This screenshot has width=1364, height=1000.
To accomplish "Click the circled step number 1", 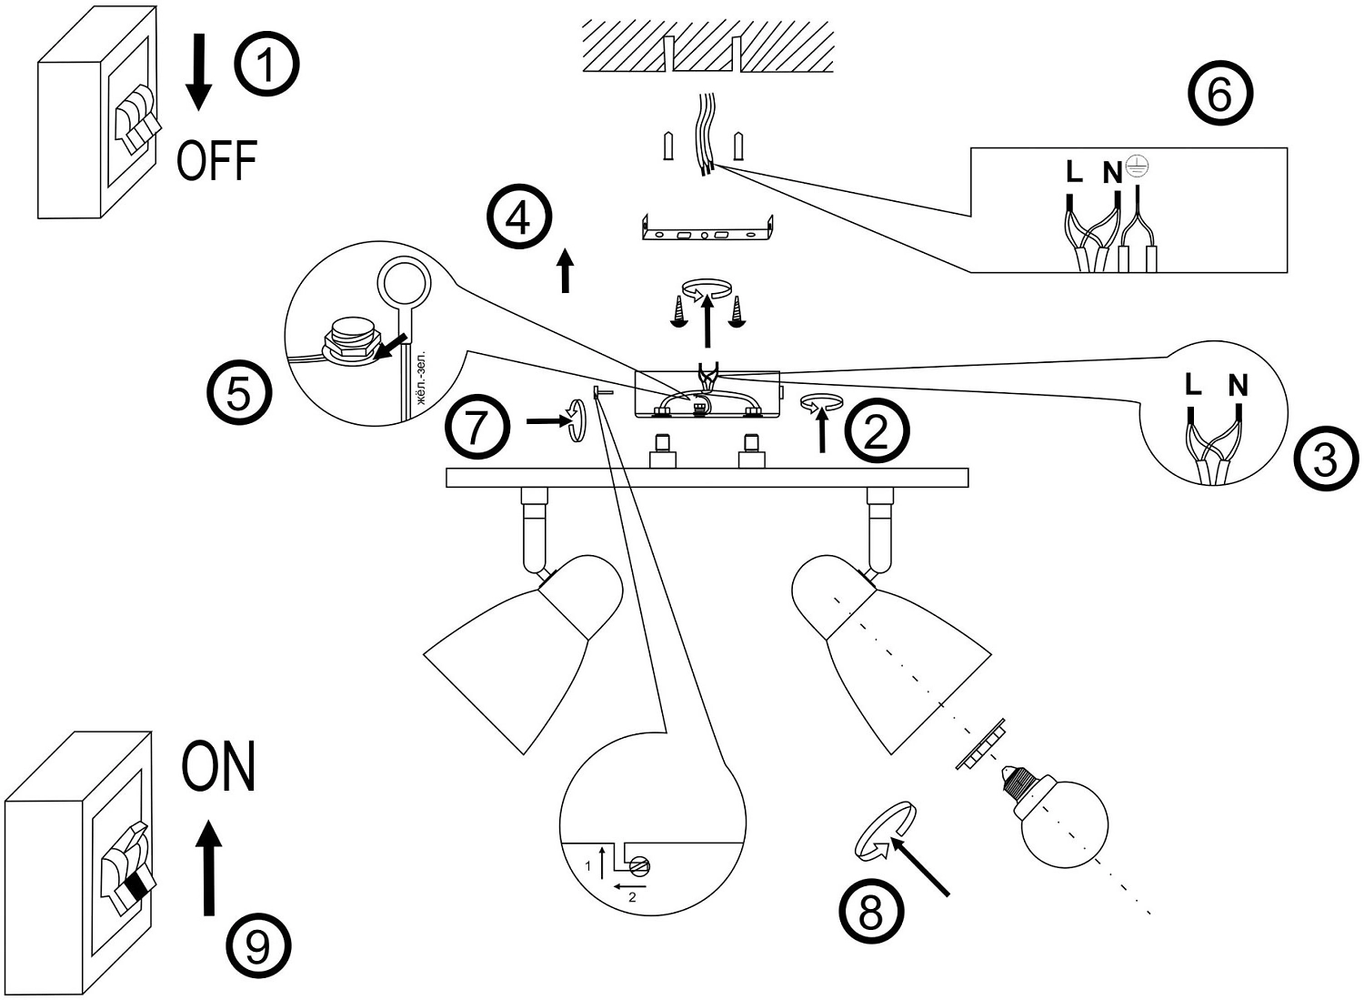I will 266,64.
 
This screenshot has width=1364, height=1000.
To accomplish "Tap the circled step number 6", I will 1220,95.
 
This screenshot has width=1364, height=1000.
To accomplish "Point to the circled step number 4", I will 519,218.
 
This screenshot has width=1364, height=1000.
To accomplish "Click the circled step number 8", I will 871,911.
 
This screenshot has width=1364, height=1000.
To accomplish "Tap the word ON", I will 218,767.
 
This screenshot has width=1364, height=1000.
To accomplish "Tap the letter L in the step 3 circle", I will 1193,384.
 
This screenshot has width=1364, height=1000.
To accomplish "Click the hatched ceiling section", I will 707,45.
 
